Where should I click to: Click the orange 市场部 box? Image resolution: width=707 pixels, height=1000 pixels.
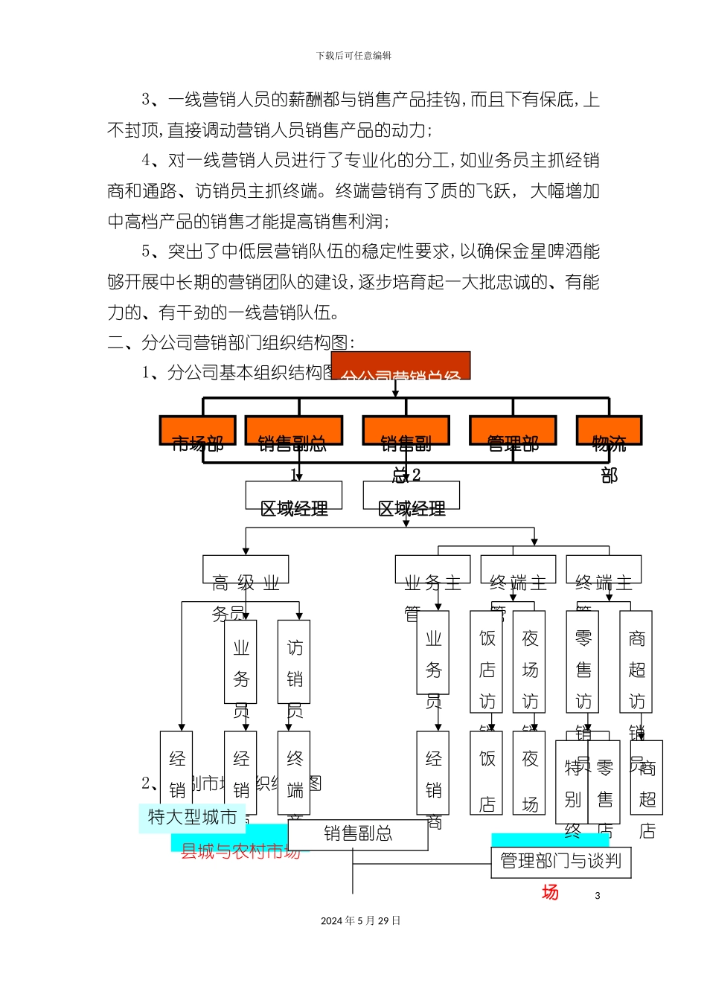point(197,431)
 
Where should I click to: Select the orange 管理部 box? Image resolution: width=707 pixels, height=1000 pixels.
point(513,431)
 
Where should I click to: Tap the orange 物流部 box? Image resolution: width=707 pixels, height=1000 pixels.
point(609,431)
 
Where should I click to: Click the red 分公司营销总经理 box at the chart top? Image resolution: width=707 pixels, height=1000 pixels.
point(400,366)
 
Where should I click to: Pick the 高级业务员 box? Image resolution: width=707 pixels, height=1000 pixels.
point(246,570)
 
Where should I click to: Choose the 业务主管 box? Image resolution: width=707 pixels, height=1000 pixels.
point(432,570)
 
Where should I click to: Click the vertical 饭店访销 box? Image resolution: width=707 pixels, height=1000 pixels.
point(487,661)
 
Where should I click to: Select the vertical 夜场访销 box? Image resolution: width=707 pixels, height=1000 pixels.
point(529,661)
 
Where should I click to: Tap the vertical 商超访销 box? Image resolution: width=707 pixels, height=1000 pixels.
point(636,661)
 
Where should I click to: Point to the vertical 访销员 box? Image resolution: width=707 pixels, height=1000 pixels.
point(294,661)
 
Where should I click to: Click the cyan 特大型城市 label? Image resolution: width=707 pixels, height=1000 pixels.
point(192,817)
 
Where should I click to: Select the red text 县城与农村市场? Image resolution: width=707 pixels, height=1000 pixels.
point(240,851)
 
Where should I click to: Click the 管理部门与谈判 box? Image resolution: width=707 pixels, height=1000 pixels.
point(560,862)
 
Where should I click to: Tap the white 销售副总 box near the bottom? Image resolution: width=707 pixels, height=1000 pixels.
point(358,834)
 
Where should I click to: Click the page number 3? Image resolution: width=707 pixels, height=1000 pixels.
point(598,896)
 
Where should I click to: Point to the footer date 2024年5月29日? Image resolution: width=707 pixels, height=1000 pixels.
point(361,921)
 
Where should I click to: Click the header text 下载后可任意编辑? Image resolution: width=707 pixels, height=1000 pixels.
point(353,56)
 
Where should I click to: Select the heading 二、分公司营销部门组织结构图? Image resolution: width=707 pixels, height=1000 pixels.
point(231,342)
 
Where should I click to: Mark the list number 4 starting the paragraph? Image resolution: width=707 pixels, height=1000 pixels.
point(146,161)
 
